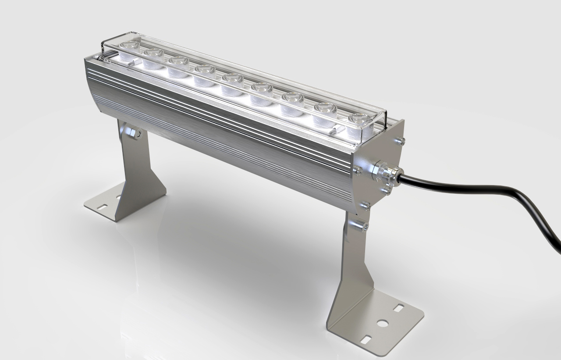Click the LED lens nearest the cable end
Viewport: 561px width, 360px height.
[x=359, y=123]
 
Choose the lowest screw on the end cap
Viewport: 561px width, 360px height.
[x=365, y=205]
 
